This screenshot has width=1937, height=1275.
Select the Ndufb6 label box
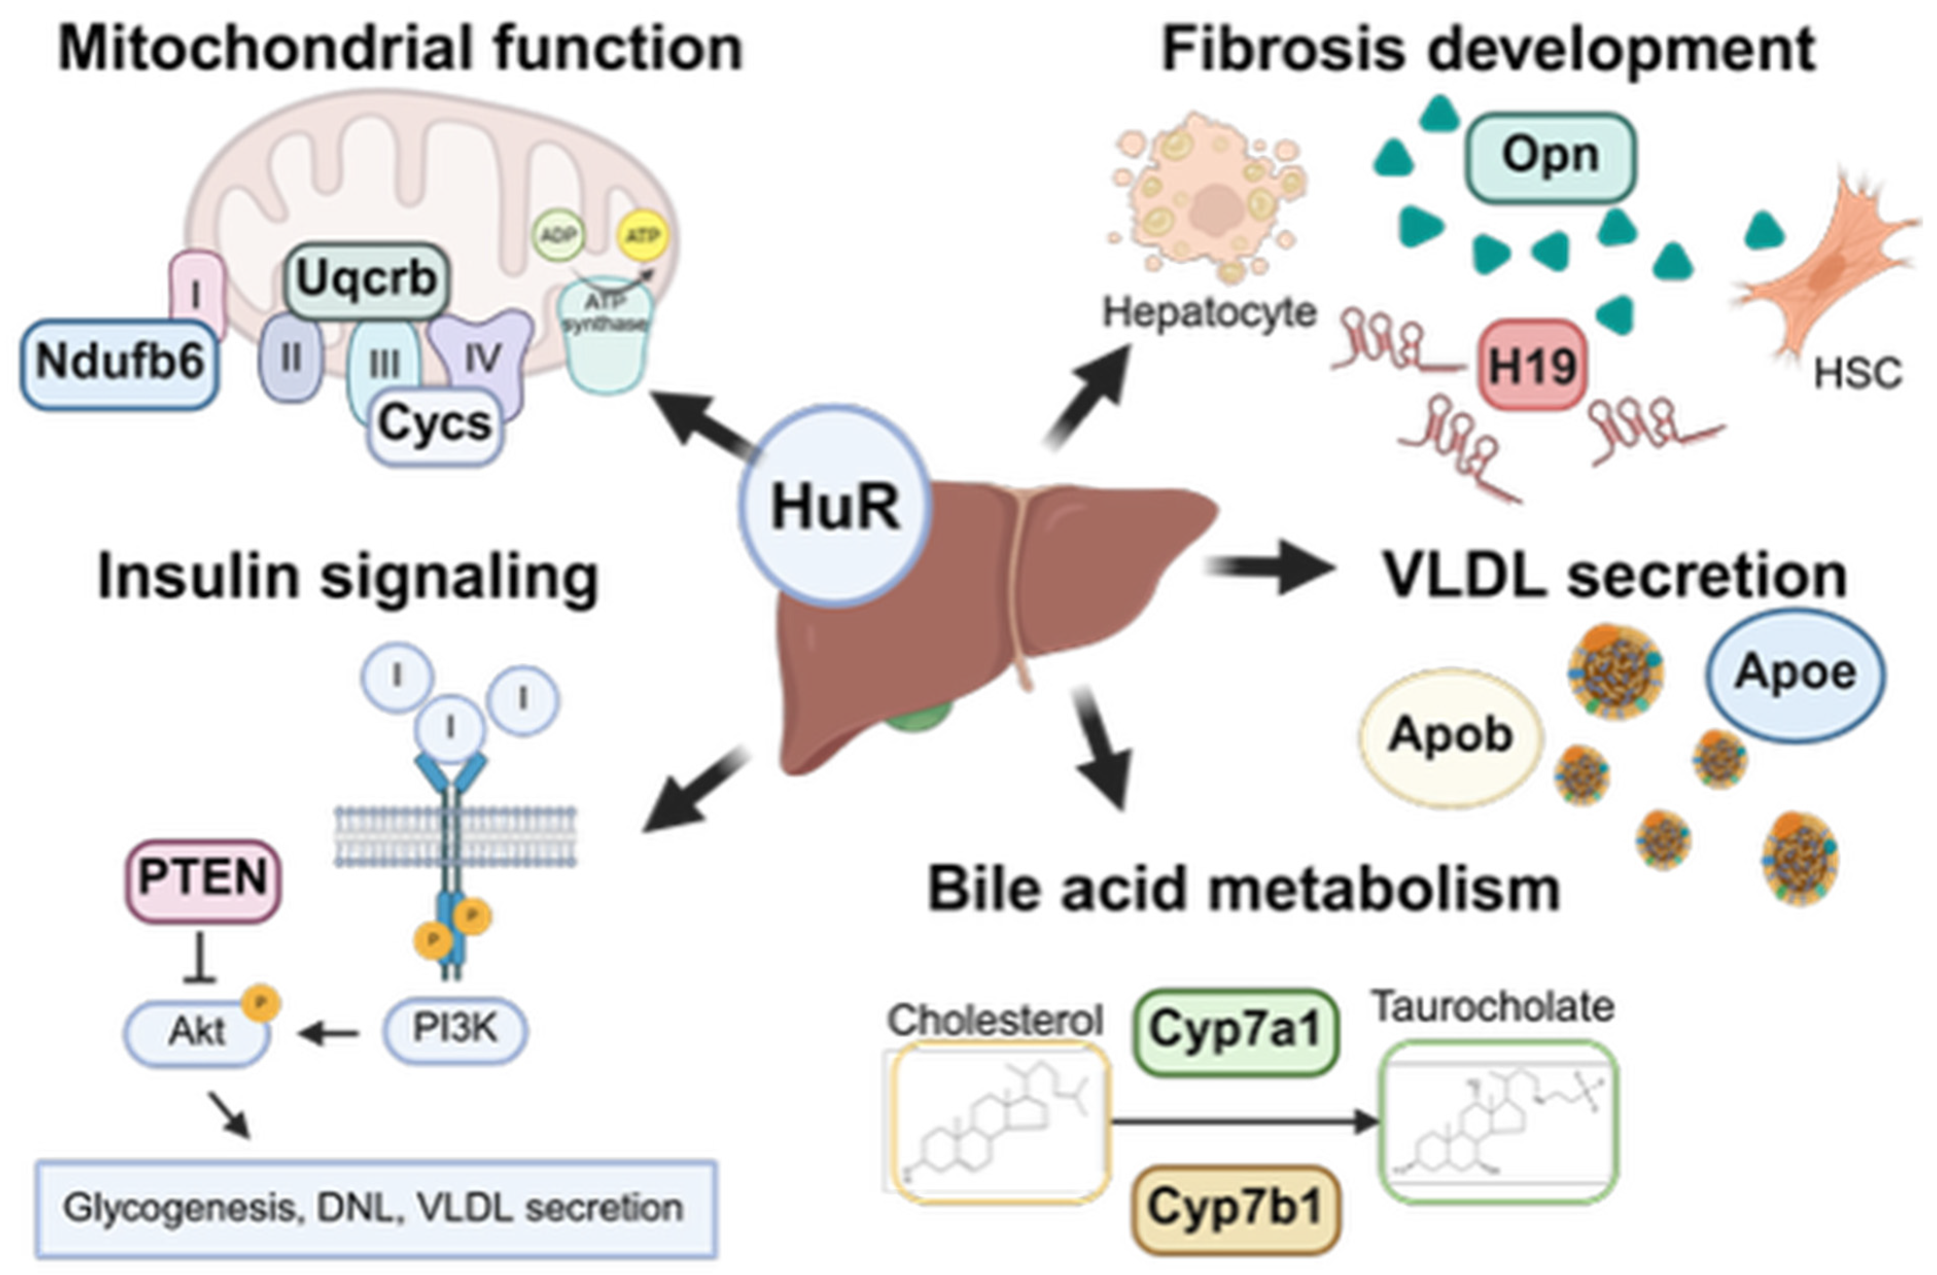click(119, 363)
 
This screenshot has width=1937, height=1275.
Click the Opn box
click(1551, 155)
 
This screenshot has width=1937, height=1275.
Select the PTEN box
click(203, 879)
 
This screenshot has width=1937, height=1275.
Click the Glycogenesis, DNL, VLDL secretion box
click(375, 1208)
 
